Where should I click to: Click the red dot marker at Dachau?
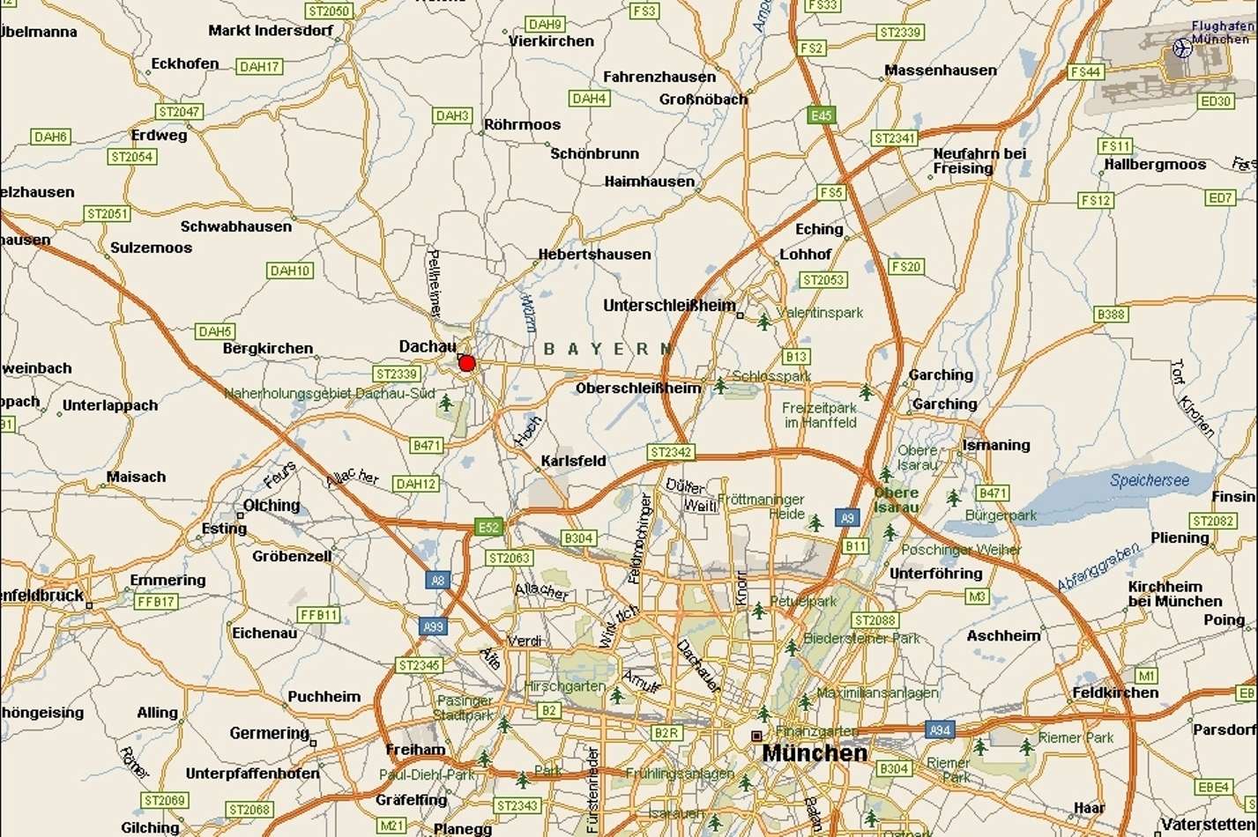tap(467, 363)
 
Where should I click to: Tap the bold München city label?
tap(814, 753)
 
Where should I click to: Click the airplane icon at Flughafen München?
tap(1182, 48)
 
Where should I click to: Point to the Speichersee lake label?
tap(1149, 481)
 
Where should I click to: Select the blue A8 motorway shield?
tap(437, 580)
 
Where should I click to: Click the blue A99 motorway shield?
tap(432, 626)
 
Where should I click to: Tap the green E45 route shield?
tap(820, 115)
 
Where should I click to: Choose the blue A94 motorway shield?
tap(940, 730)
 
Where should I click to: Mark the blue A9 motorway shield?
tap(847, 518)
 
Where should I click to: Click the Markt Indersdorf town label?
tap(271, 31)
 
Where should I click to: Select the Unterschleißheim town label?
tap(669, 306)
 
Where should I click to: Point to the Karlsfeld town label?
tap(573, 461)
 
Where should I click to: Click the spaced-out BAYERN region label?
tap(608, 350)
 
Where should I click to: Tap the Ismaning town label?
tap(996, 445)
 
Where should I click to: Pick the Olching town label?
tap(272, 506)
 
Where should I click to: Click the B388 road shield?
tap(1111, 315)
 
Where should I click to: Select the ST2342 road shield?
tap(671, 452)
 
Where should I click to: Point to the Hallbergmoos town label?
tap(1155, 165)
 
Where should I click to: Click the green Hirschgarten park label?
tap(564, 685)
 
